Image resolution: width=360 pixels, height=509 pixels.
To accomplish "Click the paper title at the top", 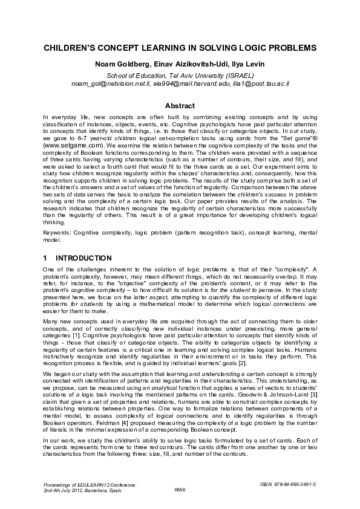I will [x=180, y=47].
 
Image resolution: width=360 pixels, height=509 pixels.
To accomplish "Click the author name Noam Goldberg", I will [x=116, y=64].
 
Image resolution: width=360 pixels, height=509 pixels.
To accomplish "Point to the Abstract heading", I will [x=180, y=105].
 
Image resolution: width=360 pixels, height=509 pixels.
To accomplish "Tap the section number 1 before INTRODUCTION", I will [x=46, y=258].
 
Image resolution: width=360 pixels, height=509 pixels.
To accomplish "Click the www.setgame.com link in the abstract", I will [x=68, y=146].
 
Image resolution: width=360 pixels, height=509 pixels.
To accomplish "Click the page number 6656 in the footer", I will [x=180, y=489].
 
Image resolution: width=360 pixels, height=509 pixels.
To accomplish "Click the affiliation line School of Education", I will [x=180, y=75].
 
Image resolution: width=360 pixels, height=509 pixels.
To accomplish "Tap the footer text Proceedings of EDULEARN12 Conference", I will [x=90, y=484].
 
